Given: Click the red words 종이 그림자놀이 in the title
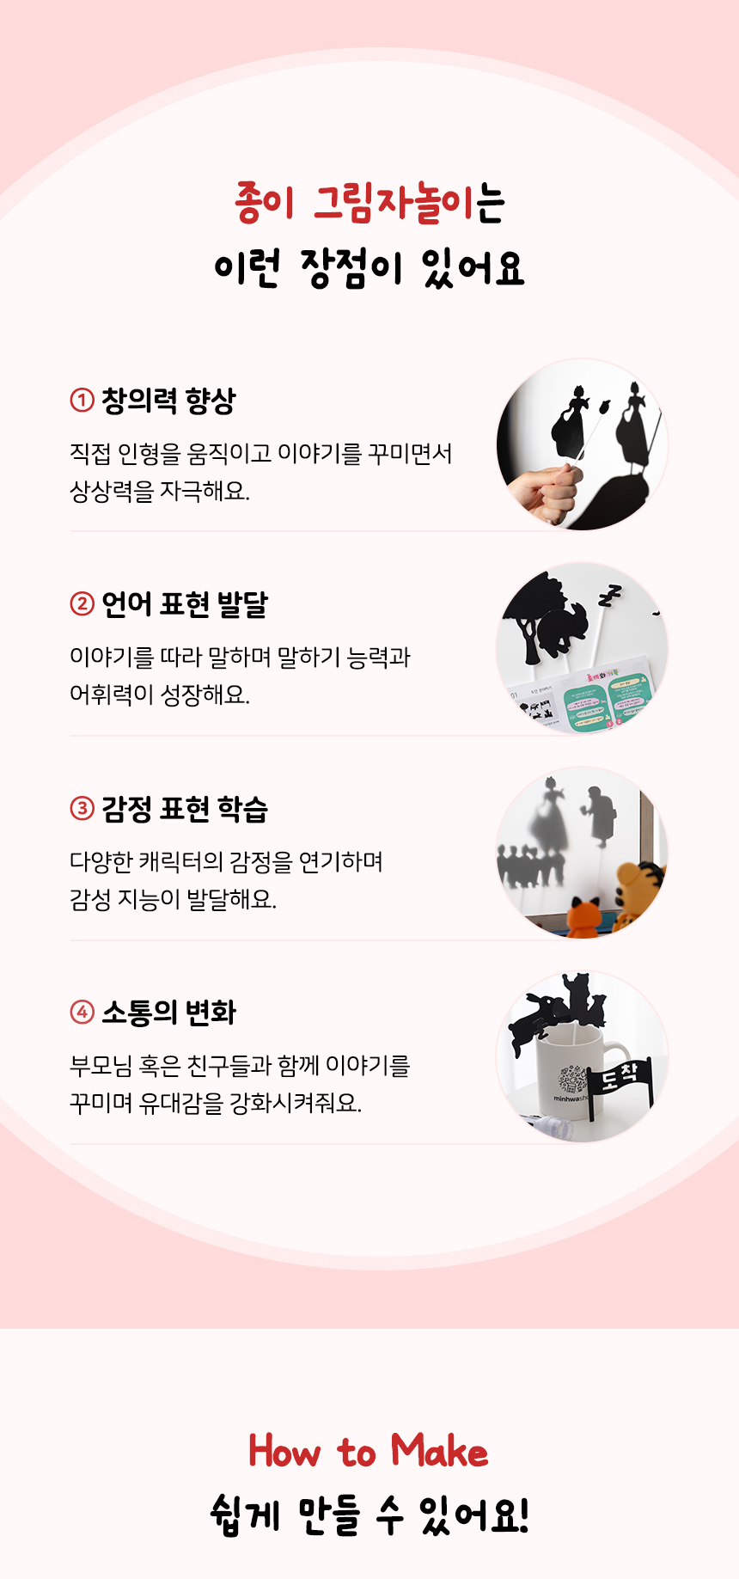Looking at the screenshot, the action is pos(354,204).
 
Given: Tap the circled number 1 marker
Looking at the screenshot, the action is pos(82,400).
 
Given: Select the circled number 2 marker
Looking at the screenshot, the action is pos(82,603).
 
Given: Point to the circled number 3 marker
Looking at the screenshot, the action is pos(82,808).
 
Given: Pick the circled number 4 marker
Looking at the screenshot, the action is pos(82,1012).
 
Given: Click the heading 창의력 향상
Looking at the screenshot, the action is pos(168,401).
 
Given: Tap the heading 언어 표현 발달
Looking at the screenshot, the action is pos(185,604).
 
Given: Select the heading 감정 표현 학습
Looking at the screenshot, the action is pos(185,809).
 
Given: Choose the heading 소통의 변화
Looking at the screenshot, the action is pos(168,1013).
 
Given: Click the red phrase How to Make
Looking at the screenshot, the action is pos(369,1451).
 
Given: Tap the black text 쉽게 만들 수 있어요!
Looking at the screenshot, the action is pos(369,1515).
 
